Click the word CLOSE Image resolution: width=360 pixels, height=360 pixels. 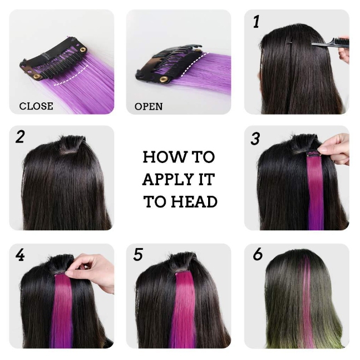pos(36,106)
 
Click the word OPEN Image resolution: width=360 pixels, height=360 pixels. pos(149,106)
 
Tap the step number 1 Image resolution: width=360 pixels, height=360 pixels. pos(257,22)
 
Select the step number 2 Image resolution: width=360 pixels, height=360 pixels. pos(20,137)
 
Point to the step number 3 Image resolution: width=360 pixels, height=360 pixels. pos(255,139)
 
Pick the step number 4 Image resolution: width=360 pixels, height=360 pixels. pos(20,255)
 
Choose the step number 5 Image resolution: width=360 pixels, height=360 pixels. pos(138,255)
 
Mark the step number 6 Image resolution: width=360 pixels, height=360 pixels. pos(258,254)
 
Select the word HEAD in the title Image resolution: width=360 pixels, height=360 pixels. pos(194,201)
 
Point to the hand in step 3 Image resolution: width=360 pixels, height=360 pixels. pos(335,149)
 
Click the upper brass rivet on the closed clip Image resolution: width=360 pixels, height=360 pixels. pos(83,50)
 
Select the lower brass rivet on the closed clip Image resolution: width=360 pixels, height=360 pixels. pos(36,76)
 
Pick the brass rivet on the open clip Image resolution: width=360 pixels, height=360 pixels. pos(164,80)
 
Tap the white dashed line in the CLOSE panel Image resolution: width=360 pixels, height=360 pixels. pos(71,77)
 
